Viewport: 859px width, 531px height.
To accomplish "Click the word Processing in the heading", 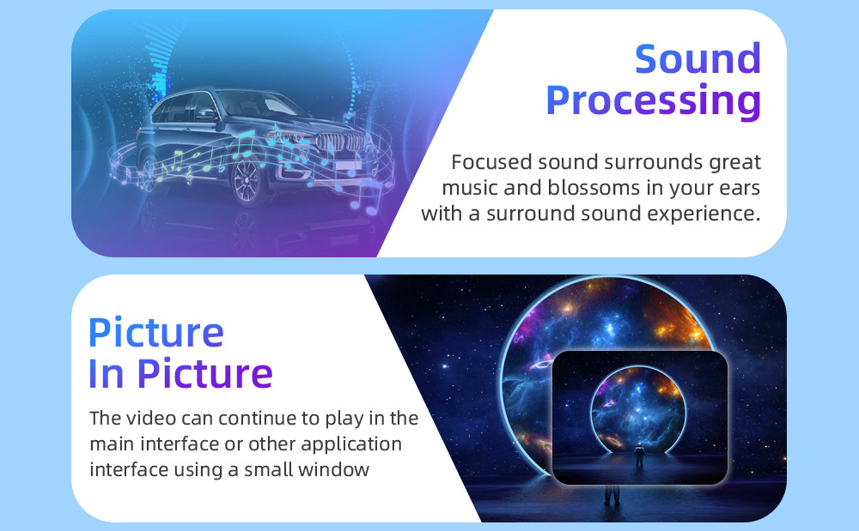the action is (x=654, y=101).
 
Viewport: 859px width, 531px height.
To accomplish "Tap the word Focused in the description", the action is (x=491, y=162).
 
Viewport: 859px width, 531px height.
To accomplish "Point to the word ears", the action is (x=740, y=189).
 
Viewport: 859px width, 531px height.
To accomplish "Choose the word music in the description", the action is (x=470, y=188).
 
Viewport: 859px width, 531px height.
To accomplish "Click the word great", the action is (x=734, y=163).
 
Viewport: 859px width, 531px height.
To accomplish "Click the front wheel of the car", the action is (x=247, y=181).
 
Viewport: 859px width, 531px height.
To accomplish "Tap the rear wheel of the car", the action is (x=149, y=172).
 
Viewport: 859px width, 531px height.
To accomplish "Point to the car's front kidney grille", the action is (x=340, y=142).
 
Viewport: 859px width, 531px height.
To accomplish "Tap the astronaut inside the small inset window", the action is (x=639, y=455).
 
